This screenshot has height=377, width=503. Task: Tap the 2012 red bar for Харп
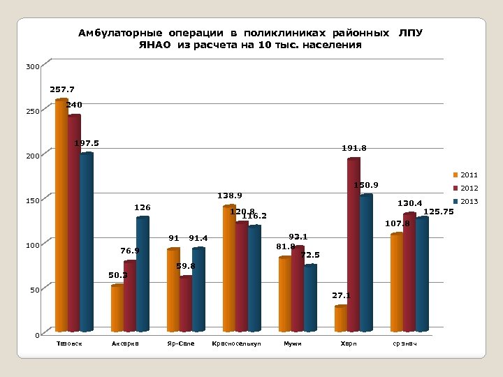click(x=353, y=244)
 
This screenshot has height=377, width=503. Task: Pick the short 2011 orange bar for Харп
click(x=341, y=318)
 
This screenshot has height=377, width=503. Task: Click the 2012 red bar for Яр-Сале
click(x=186, y=303)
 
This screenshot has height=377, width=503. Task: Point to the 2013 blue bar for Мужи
click(x=310, y=297)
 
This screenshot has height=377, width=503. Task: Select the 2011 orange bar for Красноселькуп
click(x=229, y=268)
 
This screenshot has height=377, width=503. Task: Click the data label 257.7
click(x=62, y=89)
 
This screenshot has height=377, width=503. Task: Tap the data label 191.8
click(x=353, y=148)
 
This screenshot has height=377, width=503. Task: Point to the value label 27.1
click(x=340, y=295)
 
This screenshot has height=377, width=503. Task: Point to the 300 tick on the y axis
click(x=33, y=68)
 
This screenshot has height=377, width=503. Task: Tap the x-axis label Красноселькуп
click(x=231, y=344)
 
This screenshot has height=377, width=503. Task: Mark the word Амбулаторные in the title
click(x=115, y=33)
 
